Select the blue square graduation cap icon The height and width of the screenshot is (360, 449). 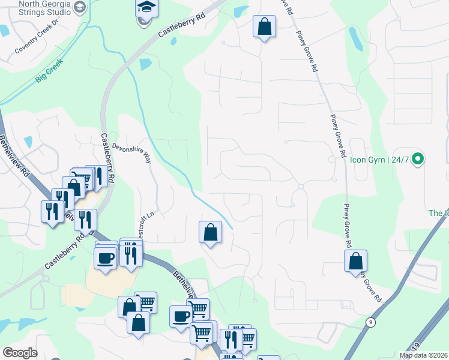pyautogui.click(x=145, y=8)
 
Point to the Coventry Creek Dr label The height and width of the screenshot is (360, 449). pyautogui.click(x=37, y=36)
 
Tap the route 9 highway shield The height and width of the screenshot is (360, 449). pyautogui.click(x=370, y=322)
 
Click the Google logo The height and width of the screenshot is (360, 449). pyautogui.click(x=19, y=353)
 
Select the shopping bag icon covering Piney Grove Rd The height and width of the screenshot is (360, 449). pyautogui.click(x=355, y=261)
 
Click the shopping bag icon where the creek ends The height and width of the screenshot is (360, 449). pyautogui.click(x=210, y=232)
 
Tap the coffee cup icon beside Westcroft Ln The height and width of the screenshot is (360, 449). pyautogui.click(x=106, y=259)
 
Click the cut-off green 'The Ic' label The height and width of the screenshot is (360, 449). pyautogui.click(x=438, y=213)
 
